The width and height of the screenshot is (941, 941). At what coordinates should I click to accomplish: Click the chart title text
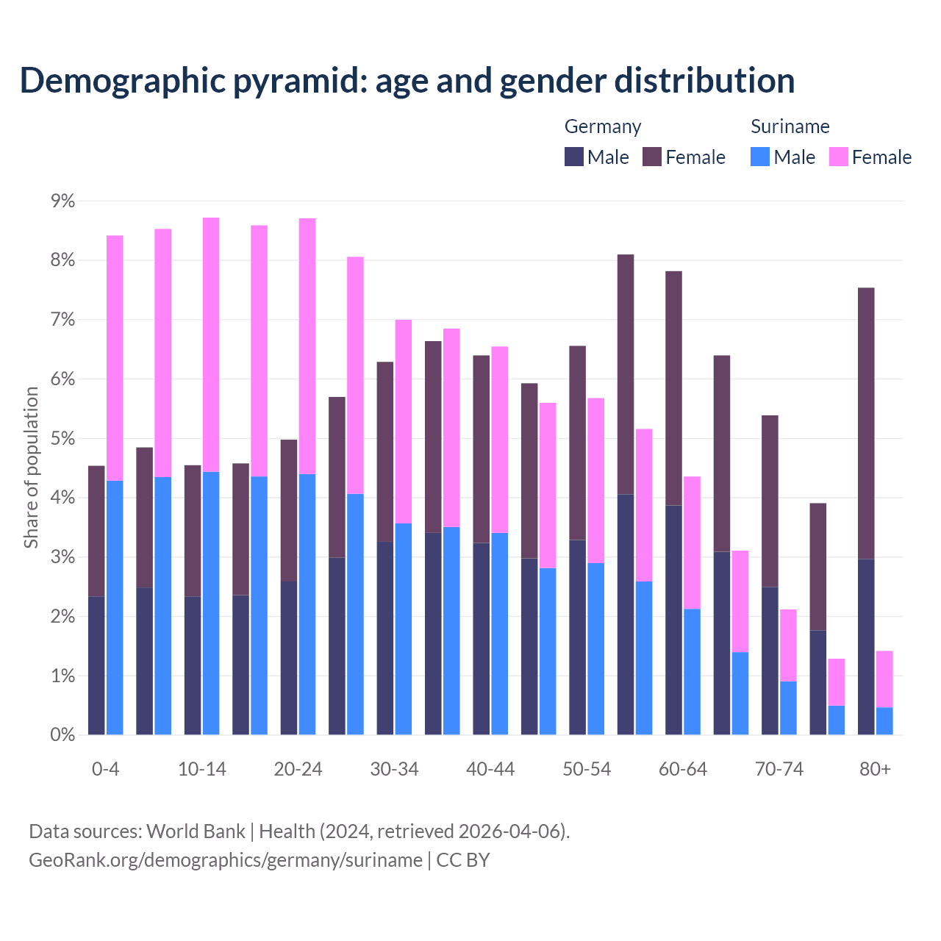click(407, 81)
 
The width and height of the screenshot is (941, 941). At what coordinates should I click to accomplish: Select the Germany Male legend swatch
click(574, 157)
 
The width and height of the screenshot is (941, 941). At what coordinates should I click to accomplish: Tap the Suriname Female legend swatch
click(839, 157)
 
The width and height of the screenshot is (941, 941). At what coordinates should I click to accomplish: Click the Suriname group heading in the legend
click(790, 126)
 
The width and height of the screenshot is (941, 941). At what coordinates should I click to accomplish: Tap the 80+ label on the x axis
click(875, 770)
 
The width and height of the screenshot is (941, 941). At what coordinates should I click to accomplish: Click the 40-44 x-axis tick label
click(490, 770)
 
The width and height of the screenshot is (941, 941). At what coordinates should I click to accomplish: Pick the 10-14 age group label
click(202, 770)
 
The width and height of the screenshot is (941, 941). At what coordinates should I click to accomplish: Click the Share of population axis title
click(32, 468)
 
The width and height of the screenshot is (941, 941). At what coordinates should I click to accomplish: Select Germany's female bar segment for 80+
click(866, 423)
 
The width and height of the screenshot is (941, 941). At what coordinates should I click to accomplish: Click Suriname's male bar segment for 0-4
click(115, 607)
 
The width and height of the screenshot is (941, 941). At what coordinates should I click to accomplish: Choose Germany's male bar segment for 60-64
click(673, 620)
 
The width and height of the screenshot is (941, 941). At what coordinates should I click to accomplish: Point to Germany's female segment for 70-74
click(770, 501)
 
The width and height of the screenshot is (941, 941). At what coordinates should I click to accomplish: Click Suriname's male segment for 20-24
click(307, 604)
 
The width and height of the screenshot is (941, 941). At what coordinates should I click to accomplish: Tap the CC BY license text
click(463, 860)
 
